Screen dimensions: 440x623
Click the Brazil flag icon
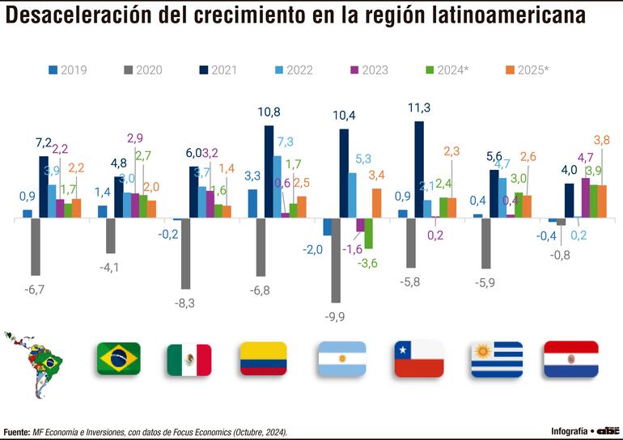pos(118,358)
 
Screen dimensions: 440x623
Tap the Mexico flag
pos(189,360)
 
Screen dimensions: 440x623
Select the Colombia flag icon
pos(263,358)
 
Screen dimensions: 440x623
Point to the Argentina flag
pos(341,358)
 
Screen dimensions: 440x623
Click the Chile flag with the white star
pos(419,358)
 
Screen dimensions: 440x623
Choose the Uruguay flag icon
pos(496,359)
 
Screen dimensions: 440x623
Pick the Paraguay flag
pos(570,359)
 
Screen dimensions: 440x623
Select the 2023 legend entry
pos(368,70)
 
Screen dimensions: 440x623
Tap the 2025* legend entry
pos(526,70)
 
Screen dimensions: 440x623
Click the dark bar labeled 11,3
pos(418,169)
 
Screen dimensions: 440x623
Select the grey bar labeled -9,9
pos(336,260)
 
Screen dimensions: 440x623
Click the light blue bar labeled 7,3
pos(278,187)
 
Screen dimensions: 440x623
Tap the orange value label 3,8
pos(601,140)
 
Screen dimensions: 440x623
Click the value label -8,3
pos(186,302)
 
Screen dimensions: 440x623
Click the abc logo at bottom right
pos(606,430)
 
